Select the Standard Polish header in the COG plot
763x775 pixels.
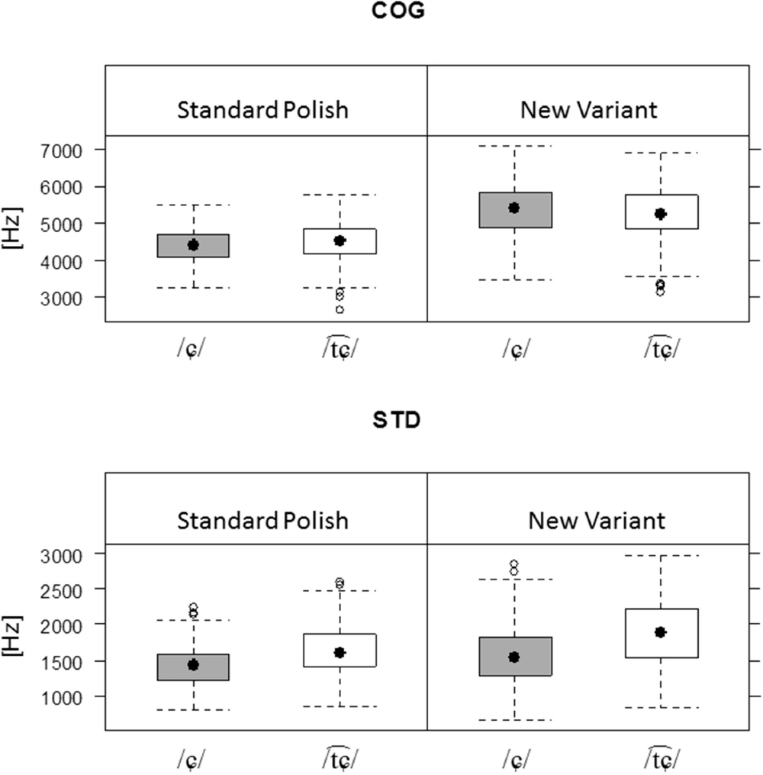(x=262, y=110)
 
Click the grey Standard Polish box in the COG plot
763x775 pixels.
(x=194, y=246)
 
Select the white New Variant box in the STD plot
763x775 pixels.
(x=661, y=633)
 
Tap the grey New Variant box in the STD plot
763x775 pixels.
(x=514, y=656)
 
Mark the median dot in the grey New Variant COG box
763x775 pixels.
(x=514, y=208)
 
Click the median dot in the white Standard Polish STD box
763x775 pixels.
(x=340, y=652)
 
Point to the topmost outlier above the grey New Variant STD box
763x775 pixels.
(x=514, y=563)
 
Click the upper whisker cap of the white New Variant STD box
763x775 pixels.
(x=661, y=555)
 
